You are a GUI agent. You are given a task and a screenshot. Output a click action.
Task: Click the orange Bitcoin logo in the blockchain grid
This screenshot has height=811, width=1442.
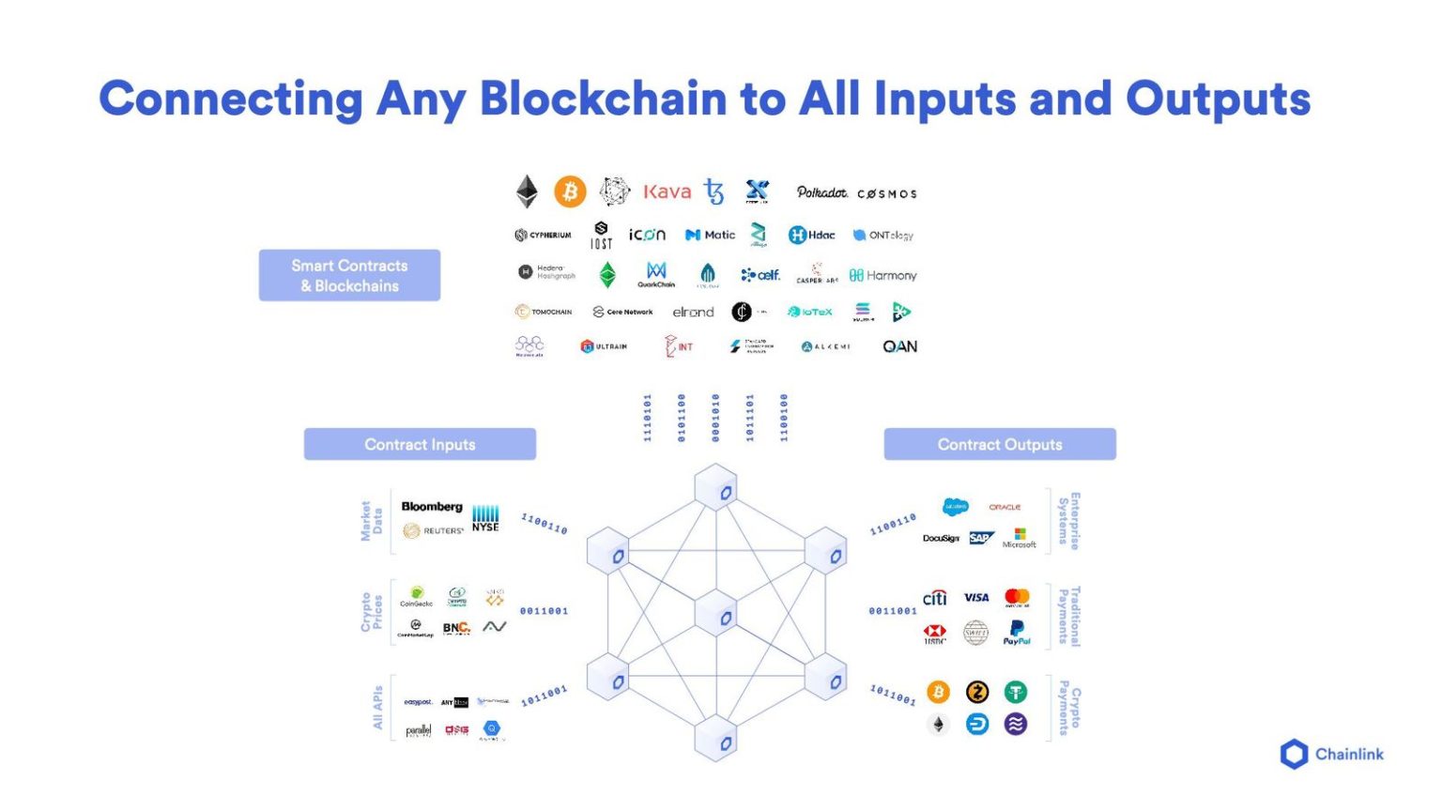570,191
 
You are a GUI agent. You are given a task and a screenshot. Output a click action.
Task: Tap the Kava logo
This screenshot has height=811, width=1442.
667,191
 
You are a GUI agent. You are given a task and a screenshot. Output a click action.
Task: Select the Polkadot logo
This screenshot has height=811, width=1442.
821,192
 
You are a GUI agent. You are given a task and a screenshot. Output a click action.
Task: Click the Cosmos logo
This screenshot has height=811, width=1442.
886,193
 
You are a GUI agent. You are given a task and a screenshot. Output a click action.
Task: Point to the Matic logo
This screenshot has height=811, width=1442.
711,235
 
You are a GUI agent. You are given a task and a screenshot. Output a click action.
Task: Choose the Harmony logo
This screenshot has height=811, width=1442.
882,275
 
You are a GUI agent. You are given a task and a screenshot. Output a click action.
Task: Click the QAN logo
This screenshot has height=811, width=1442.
899,346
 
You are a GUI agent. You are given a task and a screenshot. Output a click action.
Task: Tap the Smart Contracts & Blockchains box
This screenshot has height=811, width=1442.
349,275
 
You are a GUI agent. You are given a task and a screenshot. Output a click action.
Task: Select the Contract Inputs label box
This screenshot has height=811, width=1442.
420,444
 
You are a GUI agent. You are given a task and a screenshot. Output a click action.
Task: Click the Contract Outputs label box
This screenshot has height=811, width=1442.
1000,444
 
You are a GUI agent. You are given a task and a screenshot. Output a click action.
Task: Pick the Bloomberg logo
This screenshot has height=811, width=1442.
432,507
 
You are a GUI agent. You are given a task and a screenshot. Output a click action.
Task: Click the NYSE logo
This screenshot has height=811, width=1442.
485,518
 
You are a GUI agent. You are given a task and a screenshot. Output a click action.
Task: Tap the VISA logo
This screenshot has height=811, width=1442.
976,597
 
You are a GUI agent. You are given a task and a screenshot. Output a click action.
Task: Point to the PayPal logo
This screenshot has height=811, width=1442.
1016,633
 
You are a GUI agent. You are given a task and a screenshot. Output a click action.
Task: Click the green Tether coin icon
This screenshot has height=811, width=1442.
1015,692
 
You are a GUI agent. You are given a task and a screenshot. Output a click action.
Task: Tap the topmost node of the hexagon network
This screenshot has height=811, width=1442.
716,488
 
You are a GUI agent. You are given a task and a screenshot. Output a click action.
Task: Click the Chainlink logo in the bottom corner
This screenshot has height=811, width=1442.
1331,754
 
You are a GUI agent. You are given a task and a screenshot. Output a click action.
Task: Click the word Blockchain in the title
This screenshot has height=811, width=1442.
603,99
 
